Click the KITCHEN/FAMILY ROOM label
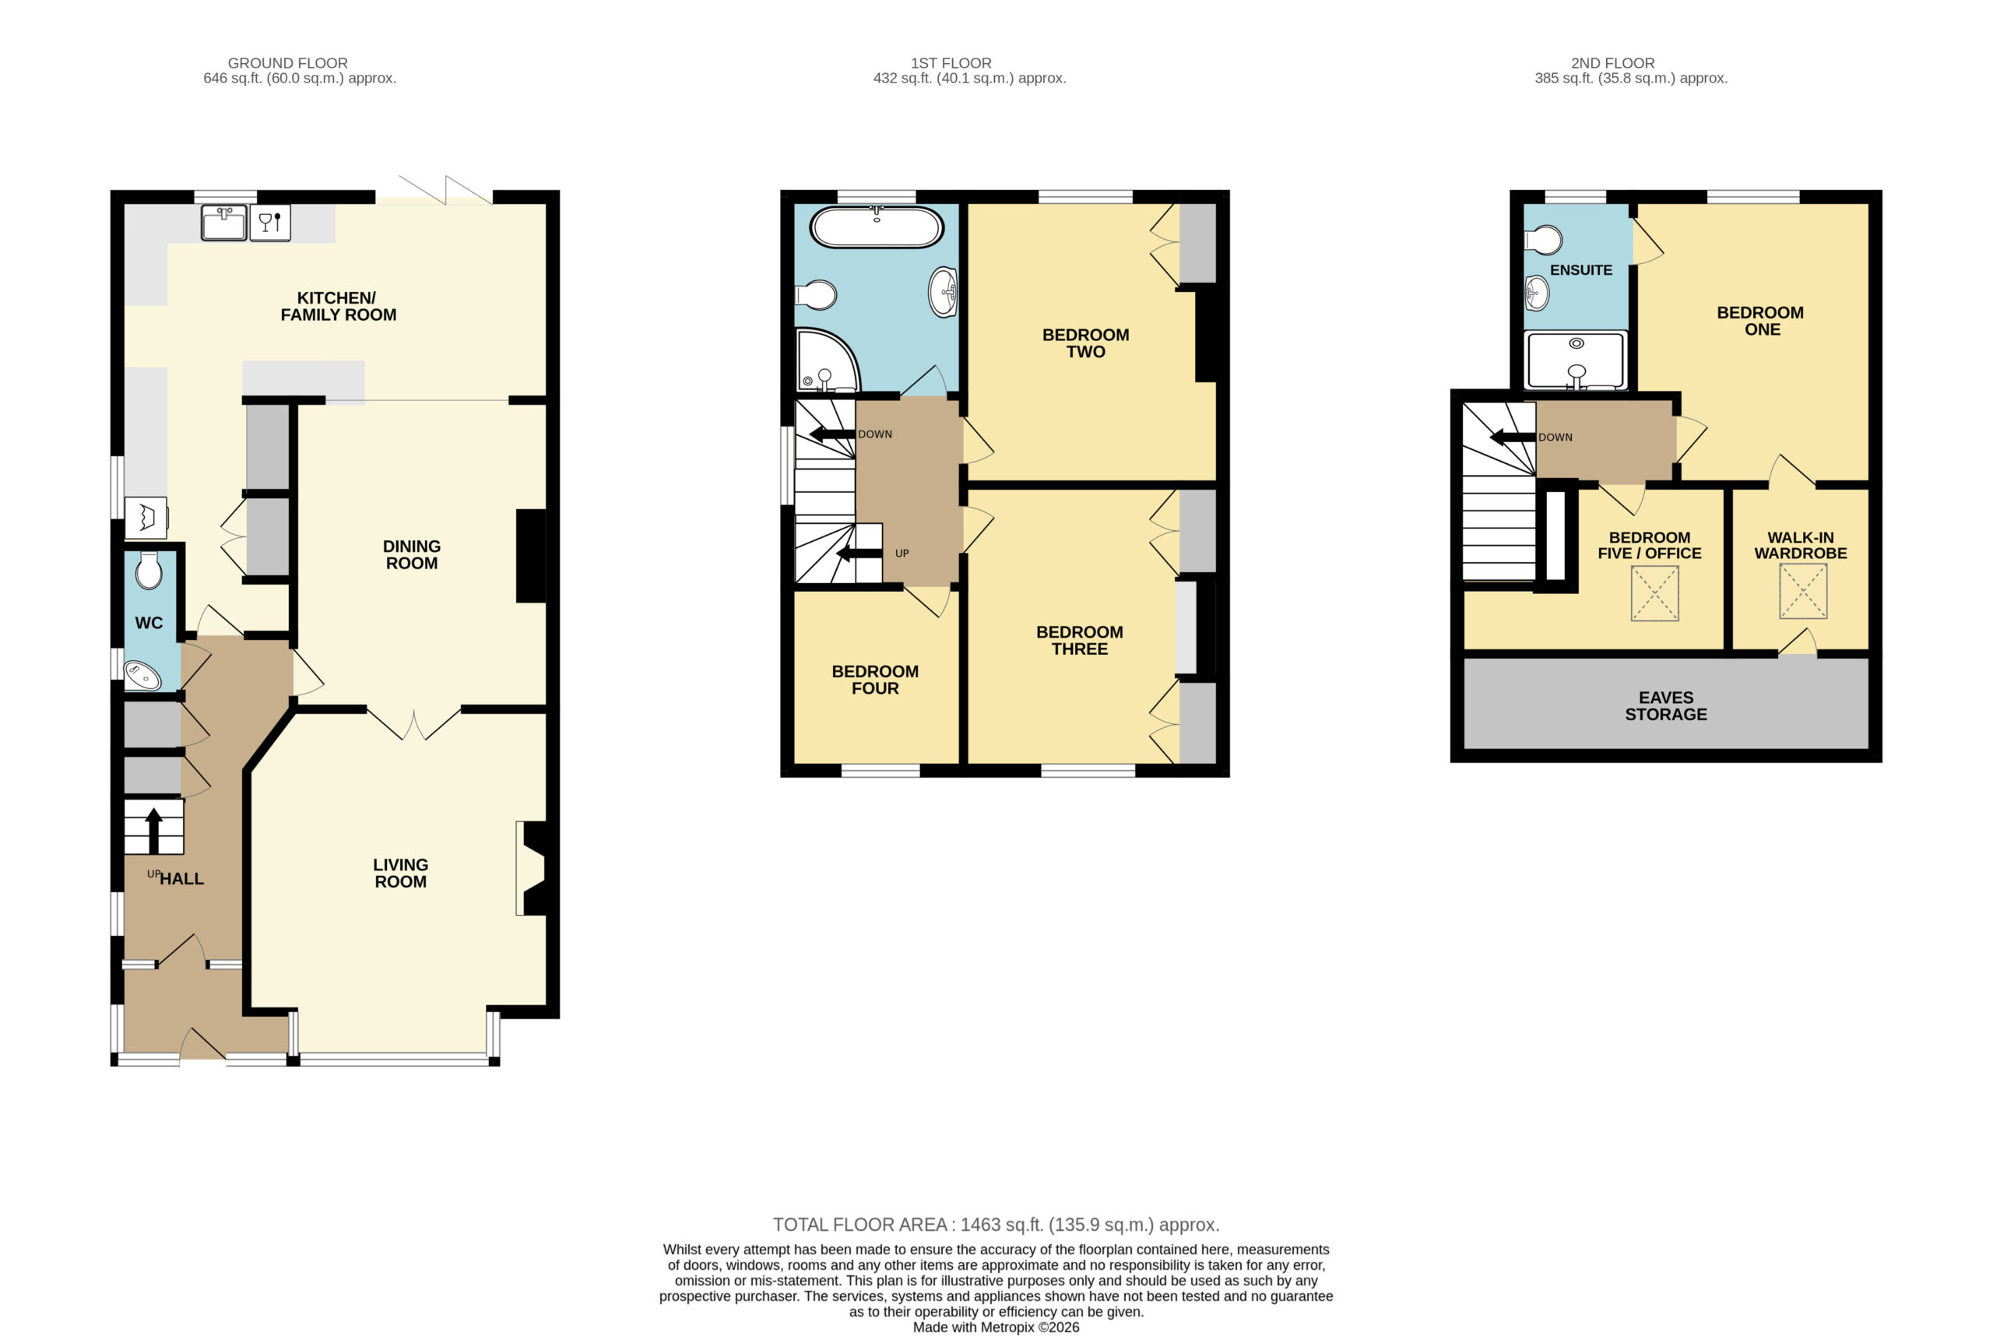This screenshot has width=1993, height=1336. point(339,306)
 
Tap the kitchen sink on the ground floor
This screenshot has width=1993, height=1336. point(224,223)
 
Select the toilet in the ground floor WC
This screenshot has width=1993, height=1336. point(149,570)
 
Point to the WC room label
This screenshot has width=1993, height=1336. point(149,623)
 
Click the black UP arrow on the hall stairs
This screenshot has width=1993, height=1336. point(153,831)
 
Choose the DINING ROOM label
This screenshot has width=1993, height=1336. point(412,554)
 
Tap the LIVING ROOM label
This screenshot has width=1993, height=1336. point(400,874)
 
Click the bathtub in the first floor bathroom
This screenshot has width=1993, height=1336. point(877,227)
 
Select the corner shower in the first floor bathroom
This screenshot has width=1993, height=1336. point(828,360)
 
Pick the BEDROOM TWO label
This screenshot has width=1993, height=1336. point(1085,343)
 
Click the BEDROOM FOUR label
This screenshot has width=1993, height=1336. point(875,680)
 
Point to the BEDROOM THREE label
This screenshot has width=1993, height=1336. point(1080,641)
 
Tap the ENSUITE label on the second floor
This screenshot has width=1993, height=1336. point(1580,270)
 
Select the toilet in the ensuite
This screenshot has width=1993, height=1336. point(1543,241)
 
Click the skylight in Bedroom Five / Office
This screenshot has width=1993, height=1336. point(1654,593)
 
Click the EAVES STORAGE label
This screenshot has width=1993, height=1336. point(1666,706)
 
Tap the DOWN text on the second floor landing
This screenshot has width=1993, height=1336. point(1555,437)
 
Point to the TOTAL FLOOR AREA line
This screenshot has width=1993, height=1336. point(996,1225)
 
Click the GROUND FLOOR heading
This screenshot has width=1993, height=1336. point(287,63)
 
